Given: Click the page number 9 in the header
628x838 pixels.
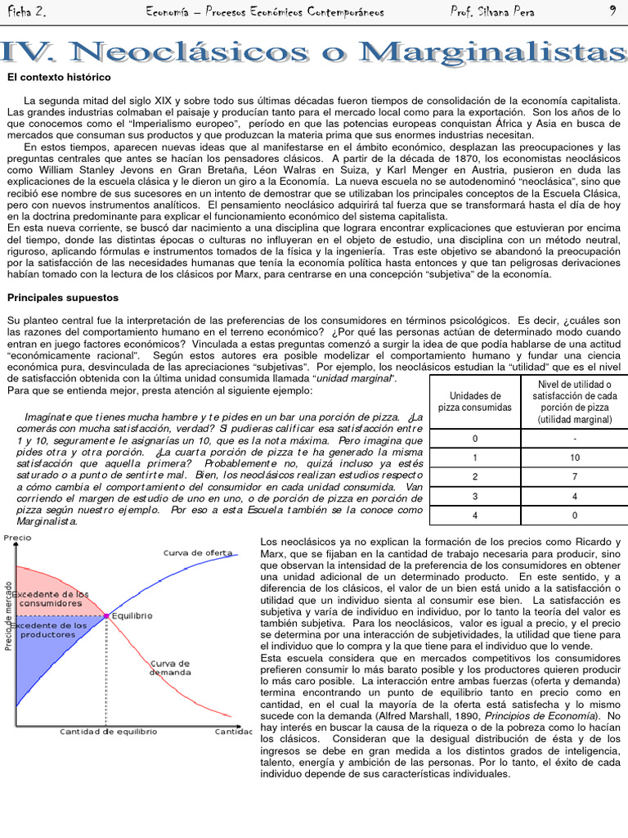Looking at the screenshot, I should [612, 11].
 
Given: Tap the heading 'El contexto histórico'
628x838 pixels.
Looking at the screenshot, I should [59, 78].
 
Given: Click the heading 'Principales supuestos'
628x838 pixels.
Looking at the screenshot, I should [63, 298].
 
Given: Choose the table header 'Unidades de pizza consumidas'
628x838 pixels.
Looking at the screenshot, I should [475, 401].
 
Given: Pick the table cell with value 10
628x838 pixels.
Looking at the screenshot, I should [574, 457].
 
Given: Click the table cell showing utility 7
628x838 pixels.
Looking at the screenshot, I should [574, 476].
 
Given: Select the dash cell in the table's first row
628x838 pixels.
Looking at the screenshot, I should [574, 439].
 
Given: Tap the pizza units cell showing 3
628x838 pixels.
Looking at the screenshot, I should [475, 496].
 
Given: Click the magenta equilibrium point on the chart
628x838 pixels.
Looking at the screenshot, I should [106, 615].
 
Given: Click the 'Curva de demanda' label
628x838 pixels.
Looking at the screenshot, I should [170, 667].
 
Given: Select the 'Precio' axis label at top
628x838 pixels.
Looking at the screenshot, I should [18, 538].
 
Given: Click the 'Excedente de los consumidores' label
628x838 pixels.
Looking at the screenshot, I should [56, 597].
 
